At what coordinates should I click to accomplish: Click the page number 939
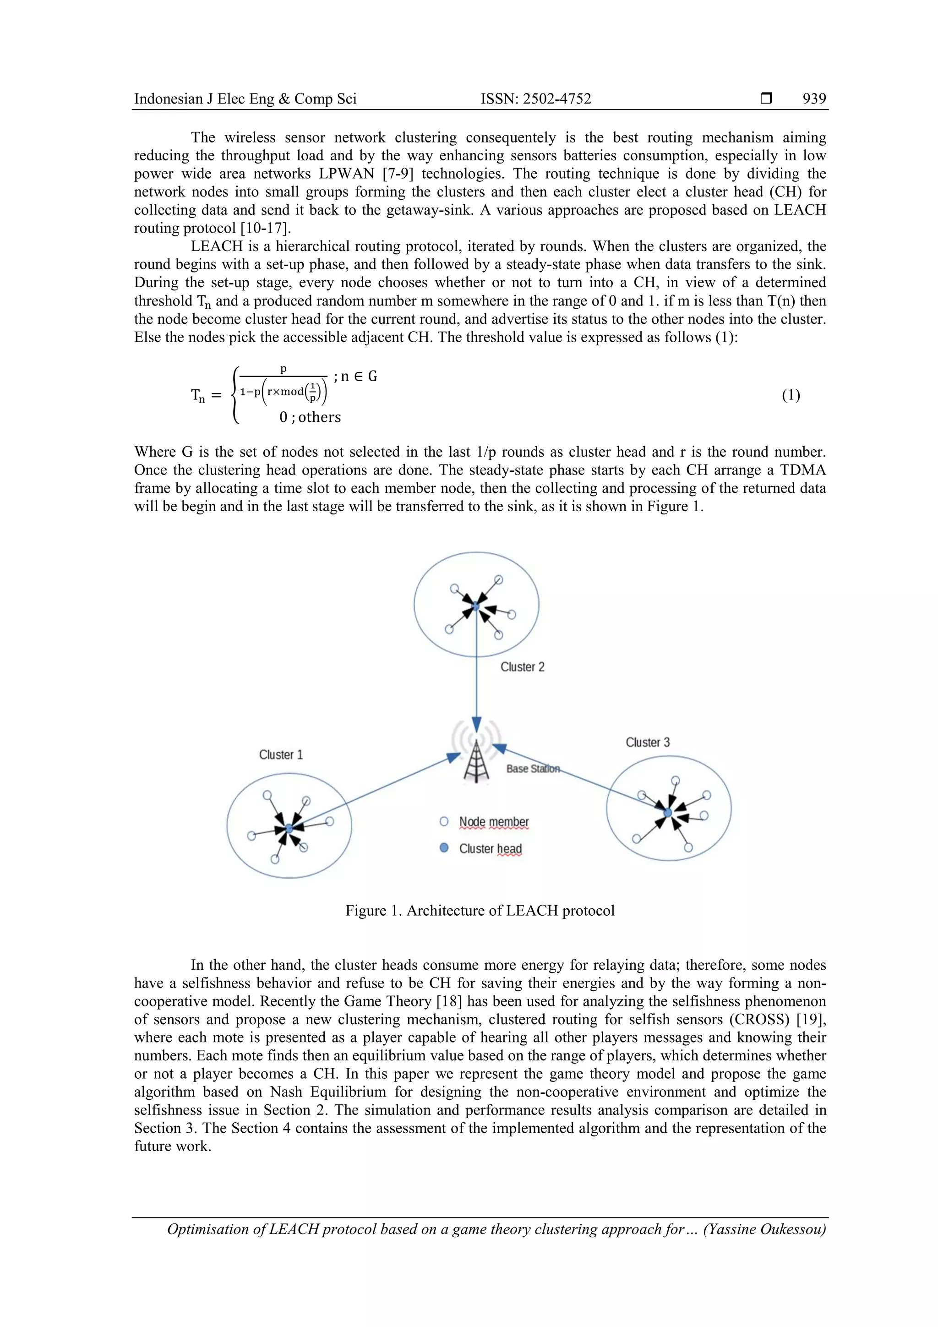pos(814,99)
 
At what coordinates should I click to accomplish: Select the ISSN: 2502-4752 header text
pos(536,99)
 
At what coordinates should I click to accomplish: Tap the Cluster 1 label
pos(281,755)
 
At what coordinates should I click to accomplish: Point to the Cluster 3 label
pos(647,743)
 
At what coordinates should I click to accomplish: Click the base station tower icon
pos(476,760)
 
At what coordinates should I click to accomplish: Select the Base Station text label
pos(533,769)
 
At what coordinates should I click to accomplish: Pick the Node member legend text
pos(494,822)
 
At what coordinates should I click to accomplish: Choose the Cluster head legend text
pos(490,848)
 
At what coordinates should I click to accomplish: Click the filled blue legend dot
pos(444,848)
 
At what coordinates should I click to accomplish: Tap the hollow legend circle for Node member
pos(444,821)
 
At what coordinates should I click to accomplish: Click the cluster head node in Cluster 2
pos(476,606)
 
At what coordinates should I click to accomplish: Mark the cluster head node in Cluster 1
pos(289,828)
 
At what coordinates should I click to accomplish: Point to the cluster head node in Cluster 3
pos(667,813)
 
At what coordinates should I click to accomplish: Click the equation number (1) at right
pos(791,395)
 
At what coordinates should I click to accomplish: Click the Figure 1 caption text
pos(480,911)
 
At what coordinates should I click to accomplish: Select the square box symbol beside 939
pos(766,99)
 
